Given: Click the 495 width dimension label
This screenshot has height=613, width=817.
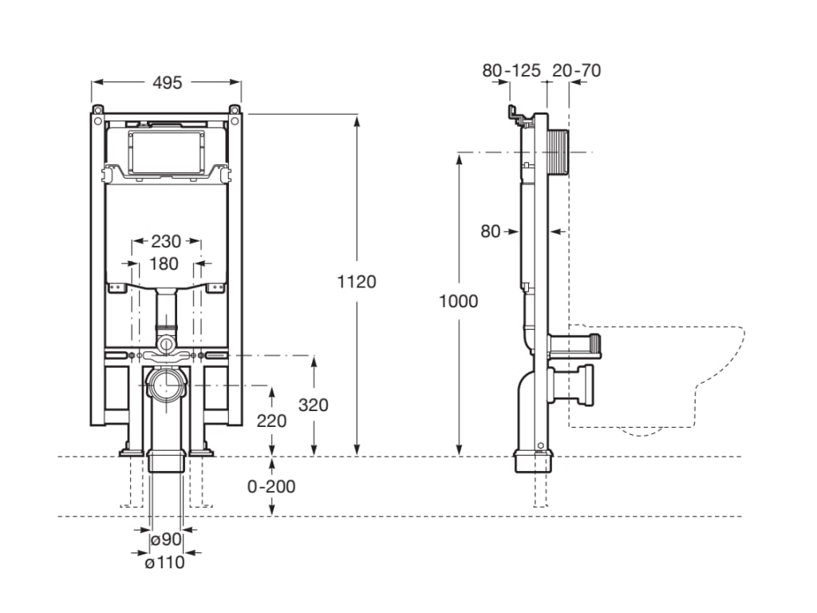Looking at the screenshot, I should pos(167,81).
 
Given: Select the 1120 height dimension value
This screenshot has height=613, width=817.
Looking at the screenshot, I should pos(357,281).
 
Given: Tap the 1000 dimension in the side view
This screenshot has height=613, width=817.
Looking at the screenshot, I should pos(459,301).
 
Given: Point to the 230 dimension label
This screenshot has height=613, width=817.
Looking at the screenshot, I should pos(166,241).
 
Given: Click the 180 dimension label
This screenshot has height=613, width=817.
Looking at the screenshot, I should pos(165,263).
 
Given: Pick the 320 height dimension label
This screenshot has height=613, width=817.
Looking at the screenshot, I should pos(314,405).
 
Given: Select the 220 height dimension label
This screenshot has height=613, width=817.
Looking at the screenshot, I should pos(271,421).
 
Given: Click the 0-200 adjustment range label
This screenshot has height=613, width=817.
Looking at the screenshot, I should pos(271,486).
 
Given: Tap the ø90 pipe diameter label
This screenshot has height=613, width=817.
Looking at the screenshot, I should pos(166,540).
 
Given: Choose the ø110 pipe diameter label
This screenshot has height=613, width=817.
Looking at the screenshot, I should pos(164,562).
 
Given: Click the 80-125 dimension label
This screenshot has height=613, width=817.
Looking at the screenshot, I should pos(511,70).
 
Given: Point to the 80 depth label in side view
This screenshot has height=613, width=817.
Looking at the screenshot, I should pos(491,231).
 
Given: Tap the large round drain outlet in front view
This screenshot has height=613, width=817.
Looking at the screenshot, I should pos(168,385).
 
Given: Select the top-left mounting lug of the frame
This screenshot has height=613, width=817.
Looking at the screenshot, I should pos(97,109).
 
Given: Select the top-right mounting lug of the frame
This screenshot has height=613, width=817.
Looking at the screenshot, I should pos(235,109).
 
